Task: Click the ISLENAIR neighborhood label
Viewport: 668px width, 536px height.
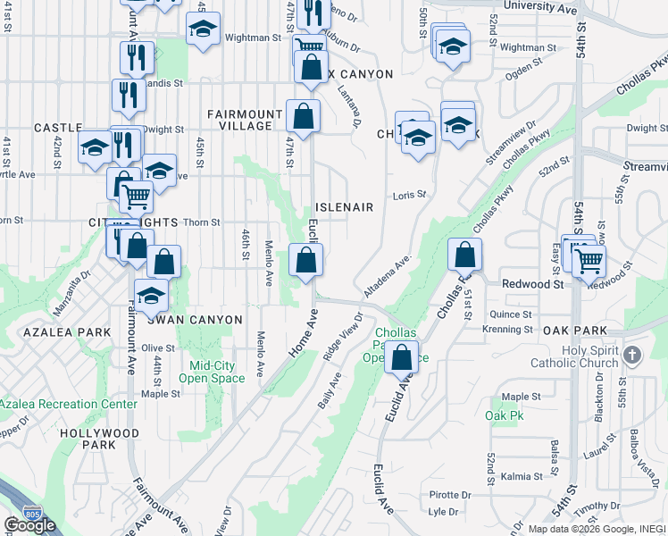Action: [344, 207]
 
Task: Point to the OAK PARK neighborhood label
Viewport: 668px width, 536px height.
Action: [575, 331]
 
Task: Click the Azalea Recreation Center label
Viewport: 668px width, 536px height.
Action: [69, 404]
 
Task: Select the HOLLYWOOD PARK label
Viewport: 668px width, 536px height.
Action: [87, 439]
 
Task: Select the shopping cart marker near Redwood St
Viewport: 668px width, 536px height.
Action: [589, 261]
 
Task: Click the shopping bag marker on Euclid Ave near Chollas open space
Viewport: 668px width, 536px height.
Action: [401, 356]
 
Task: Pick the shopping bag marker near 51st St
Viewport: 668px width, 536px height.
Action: [464, 255]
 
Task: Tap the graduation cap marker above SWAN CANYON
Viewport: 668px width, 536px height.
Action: [151, 295]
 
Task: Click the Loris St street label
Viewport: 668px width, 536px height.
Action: [409, 194]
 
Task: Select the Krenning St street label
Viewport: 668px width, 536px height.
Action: [506, 330]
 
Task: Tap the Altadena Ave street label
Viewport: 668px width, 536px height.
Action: [386, 277]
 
